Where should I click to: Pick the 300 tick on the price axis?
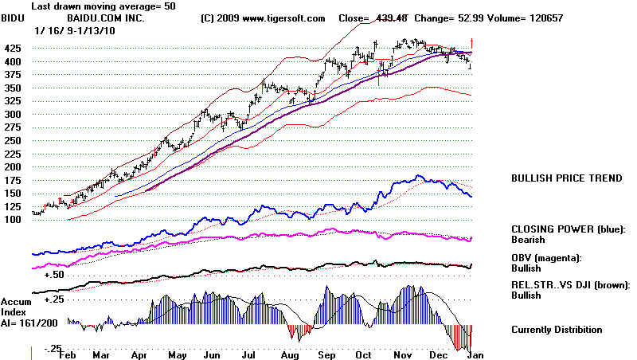click(14, 114)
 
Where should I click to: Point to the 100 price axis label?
click(14, 220)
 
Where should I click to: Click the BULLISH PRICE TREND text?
click(565, 178)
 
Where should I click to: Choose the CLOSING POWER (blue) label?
click(567, 228)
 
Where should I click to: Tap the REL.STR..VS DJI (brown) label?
click(570, 284)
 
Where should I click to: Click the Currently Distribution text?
click(557, 330)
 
